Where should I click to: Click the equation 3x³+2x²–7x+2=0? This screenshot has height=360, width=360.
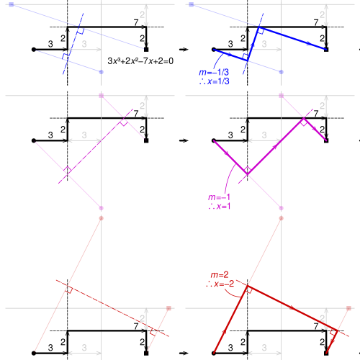click(x=140, y=61)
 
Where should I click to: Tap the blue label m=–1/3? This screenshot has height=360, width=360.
click(x=214, y=72)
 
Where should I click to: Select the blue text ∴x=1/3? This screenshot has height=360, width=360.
click(x=215, y=81)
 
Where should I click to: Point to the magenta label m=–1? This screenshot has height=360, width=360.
click(x=219, y=197)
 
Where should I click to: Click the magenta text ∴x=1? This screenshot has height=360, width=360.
click(x=220, y=206)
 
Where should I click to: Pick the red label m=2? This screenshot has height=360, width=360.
click(x=220, y=274)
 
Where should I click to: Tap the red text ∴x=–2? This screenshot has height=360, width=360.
click(x=220, y=284)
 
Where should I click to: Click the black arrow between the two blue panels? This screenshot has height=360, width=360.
click(x=184, y=50)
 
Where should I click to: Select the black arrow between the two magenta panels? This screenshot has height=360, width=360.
click(x=184, y=140)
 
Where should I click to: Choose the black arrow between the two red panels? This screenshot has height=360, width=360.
click(x=184, y=353)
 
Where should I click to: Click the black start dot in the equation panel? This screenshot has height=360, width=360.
click(x=34, y=50)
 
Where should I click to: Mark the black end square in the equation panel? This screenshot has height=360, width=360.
click(x=146, y=50)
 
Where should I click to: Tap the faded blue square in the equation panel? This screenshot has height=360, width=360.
click(x=12, y=4)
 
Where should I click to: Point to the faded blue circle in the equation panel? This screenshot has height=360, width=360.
click(x=101, y=72)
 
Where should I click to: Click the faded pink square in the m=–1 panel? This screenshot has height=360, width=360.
click(x=282, y=96)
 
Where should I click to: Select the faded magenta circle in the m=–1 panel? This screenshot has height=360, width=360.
click(x=282, y=208)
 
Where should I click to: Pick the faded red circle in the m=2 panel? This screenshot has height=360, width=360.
click(x=282, y=218)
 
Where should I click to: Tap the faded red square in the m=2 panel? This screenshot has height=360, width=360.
click(x=348, y=308)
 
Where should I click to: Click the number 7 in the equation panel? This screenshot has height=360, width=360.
click(x=136, y=22)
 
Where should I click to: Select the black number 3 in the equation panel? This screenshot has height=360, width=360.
click(x=50, y=44)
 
